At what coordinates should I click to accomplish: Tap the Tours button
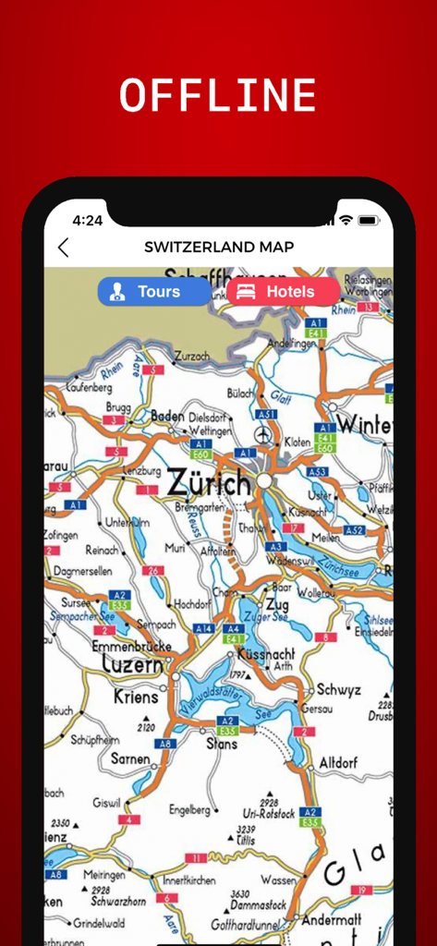pyautogui.click(x=154, y=292)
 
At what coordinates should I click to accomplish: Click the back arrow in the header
pyautogui.click(x=63, y=248)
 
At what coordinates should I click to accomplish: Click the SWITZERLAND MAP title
pyautogui.click(x=219, y=247)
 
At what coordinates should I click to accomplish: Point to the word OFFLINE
pyautogui.click(x=218, y=96)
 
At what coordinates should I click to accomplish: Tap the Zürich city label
pyautogui.click(x=209, y=482)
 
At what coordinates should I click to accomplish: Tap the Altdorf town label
pyautogui.click(x=338, y=763)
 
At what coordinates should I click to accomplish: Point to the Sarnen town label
pyautogui.click(x=130, y=759)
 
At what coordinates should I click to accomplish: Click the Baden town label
pyautogui.click(x=167, y=417)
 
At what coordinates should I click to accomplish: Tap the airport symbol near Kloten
pyautogui.click(x=264, y=434)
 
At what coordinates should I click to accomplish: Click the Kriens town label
pyautogui.click(x=136, y=697)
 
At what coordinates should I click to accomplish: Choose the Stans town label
pyautogui.click(x=222, y=743)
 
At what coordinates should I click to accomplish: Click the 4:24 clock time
pyautogui.click(x=88, y=220)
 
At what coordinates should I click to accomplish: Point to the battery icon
pyautogui.click(x=369, y=220)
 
